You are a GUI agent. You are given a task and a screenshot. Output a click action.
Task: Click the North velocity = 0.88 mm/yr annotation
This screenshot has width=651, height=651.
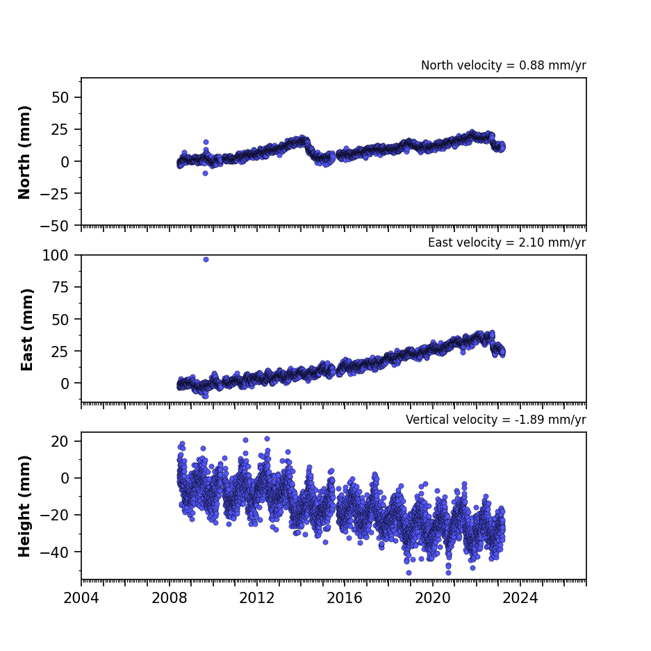[x=503, y=65]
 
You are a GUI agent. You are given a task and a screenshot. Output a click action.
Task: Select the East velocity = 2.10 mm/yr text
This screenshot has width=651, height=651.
[x=507, y=242]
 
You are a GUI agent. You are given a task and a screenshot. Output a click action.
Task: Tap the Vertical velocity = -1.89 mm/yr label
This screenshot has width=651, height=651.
[x=496, y=420]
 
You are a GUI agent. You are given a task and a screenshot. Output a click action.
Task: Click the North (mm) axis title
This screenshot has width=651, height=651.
[x=24, y=152]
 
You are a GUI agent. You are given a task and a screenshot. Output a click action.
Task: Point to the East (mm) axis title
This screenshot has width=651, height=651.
[x=26, y=329]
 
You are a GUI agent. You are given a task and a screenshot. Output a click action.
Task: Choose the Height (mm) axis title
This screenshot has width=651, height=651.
[x=24, y=506]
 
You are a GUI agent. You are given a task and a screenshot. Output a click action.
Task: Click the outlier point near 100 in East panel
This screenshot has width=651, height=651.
[x=206, y=259]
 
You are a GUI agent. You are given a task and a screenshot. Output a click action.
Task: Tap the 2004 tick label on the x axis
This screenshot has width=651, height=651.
[x=81, y=598]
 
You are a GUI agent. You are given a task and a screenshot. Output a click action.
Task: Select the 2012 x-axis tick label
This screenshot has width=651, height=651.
[x=257, y=598]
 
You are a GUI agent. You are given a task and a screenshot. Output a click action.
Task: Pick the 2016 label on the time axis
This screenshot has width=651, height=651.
[x=345, y=598]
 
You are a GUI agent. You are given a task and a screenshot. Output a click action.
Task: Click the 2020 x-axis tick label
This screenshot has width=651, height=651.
[x=433, y=598]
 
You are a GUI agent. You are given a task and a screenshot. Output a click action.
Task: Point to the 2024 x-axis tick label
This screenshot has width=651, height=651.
[x=520, y=598]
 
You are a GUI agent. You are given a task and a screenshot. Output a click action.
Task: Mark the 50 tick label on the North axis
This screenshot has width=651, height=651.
[x=60, y=97]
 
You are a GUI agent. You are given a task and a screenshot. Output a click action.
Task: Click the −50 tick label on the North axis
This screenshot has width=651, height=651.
[x=54, y=226]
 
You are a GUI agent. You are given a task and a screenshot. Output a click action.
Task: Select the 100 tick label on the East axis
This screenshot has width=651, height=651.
[x=56, y=256]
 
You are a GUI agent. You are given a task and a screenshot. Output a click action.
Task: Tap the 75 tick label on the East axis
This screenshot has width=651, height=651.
[x=60, y=288]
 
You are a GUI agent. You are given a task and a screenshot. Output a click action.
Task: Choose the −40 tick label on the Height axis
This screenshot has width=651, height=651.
[x=54, y=552]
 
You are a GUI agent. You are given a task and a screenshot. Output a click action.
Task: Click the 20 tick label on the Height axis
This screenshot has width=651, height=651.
[x=60, y=441]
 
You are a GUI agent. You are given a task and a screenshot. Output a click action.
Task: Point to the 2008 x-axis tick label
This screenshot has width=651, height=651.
[x=169, y=598]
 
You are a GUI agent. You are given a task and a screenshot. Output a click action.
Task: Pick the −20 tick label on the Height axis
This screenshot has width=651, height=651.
[x=54, y=516]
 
